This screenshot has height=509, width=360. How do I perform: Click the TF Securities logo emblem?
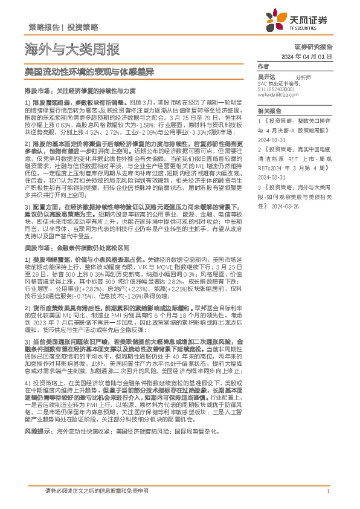297,22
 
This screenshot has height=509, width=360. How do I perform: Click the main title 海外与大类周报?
72,49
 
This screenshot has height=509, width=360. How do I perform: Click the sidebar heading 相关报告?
267,111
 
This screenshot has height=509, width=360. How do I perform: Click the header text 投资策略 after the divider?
82,28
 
